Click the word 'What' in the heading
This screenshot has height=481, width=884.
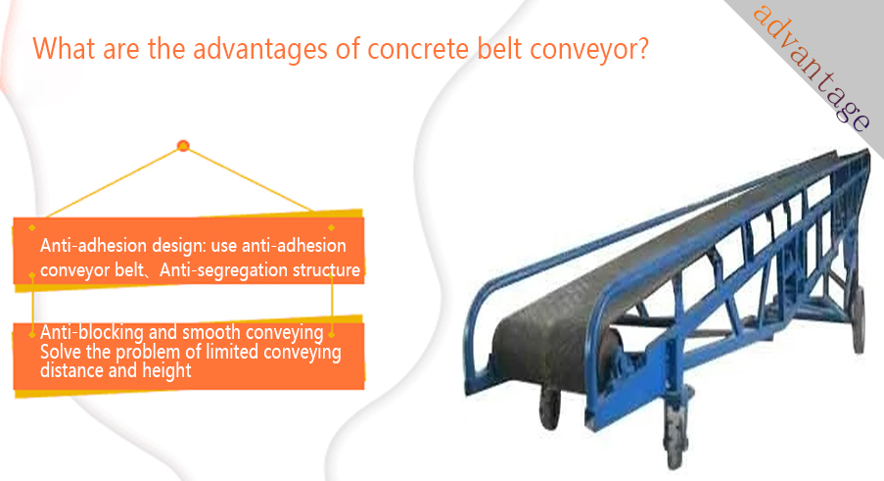64,49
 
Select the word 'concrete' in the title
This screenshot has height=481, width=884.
418,49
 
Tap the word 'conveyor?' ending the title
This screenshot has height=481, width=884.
589,50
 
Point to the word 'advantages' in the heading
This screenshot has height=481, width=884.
259,50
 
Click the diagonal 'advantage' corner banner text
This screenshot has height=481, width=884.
812,68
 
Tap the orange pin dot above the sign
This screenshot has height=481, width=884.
183,146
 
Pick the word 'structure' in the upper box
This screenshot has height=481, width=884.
326,270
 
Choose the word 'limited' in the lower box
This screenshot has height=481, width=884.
232,352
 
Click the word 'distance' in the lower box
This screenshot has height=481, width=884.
72,370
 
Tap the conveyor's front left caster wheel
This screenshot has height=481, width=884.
550,408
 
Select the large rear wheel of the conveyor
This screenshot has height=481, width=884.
859,319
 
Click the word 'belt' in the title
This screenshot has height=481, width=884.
499,49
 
